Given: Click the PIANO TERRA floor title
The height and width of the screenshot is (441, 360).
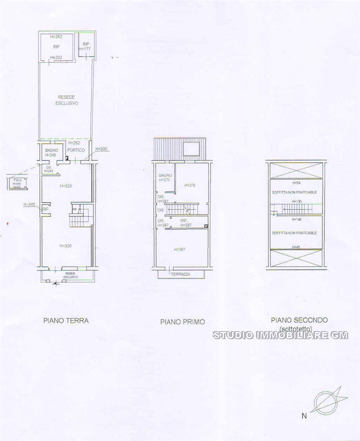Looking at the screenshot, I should [x=66, y=320].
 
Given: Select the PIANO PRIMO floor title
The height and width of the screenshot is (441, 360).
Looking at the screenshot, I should [x=182, y=322].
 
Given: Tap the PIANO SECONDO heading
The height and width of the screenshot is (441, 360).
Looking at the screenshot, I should [x=299, y=320].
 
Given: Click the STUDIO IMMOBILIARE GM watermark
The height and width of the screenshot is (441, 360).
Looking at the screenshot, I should [x=280, y=335].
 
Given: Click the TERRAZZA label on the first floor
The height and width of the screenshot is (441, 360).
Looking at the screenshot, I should [x=180, y=274].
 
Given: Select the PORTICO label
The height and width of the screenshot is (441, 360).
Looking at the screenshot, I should [x=76, y=150].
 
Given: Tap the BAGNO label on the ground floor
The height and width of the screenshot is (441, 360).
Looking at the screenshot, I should [x=52, y=150].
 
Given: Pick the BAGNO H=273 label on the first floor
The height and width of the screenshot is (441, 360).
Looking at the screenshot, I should [x=165, y=178].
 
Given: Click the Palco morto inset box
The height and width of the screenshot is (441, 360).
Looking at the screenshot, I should [x=16, y=183].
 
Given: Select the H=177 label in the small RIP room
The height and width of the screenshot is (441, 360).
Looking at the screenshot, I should [x=85, y=49].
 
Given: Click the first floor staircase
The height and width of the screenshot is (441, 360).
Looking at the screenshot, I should [x=186, y=208].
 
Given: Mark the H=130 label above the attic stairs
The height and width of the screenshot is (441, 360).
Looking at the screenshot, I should [x=297, y=201].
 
